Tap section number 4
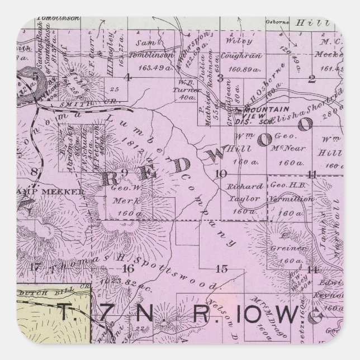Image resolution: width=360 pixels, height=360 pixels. (129, 78)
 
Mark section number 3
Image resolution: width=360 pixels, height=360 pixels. (221, 78)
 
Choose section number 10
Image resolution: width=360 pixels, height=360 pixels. (222, 173)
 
